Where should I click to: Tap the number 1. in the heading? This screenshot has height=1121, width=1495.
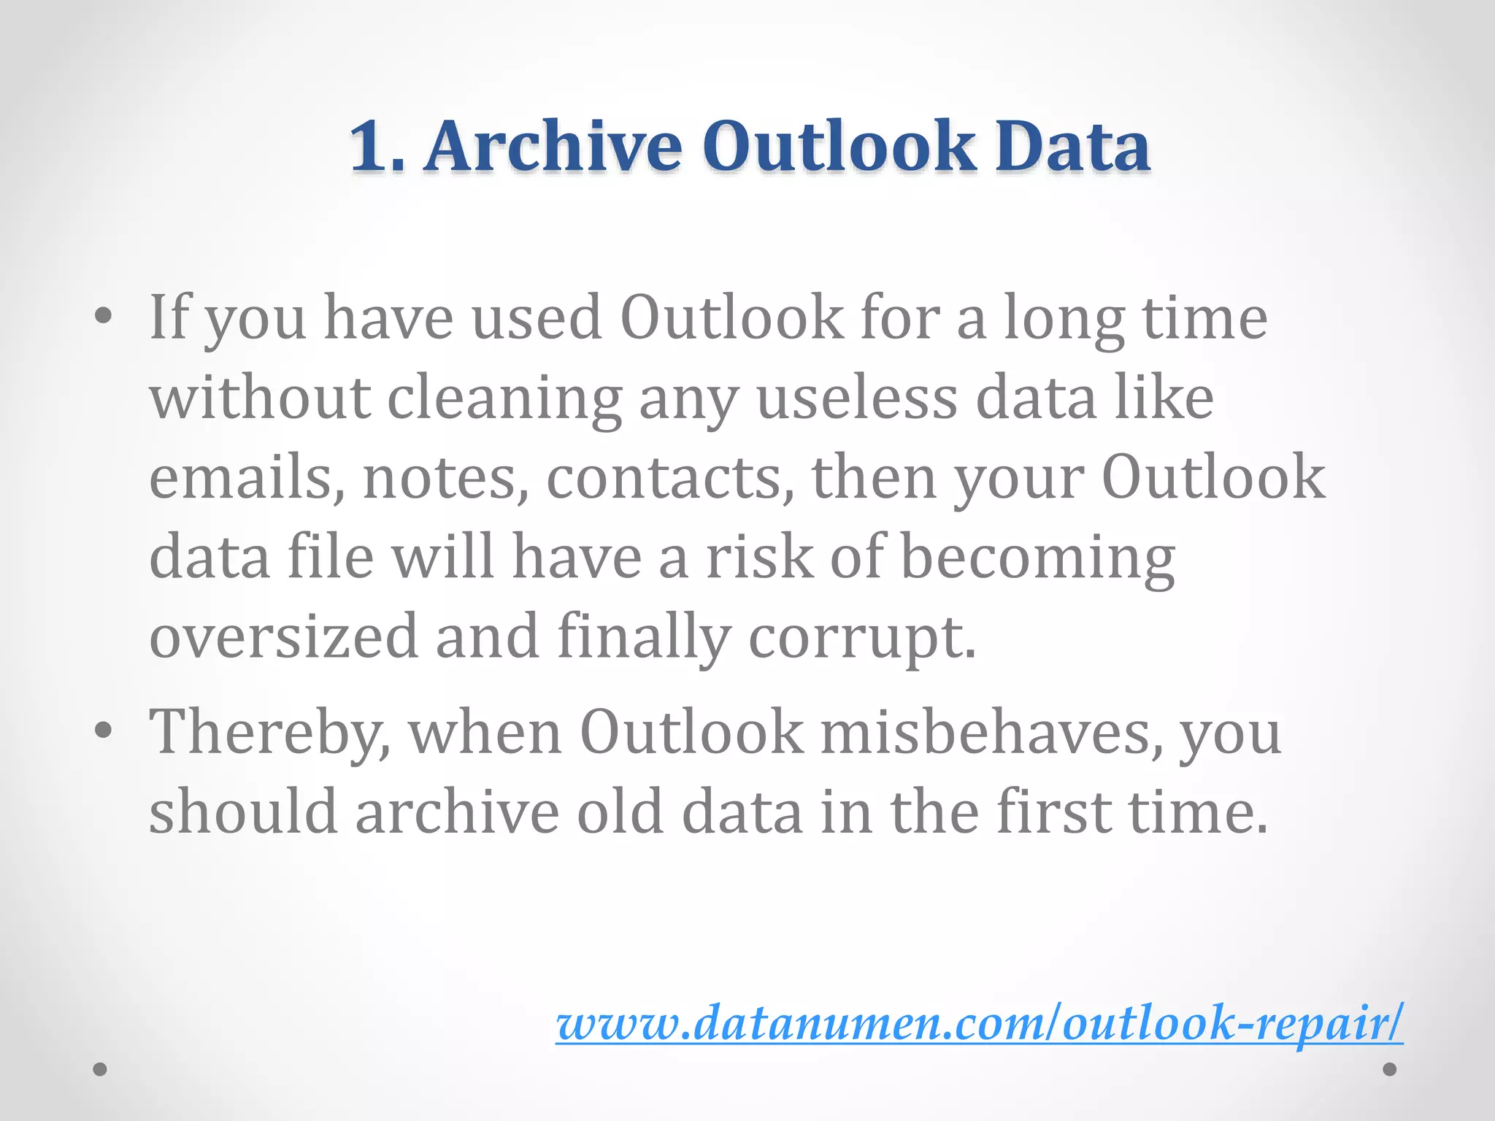[376, 147]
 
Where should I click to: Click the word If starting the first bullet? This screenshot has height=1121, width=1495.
[169, 317]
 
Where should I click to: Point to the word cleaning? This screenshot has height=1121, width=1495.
[504, 399]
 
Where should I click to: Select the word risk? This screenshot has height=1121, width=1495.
[758, 557]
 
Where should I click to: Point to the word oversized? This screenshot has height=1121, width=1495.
[283, 636]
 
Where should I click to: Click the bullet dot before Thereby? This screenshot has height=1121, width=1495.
[104, 730]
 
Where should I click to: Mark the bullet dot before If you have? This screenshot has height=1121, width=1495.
[104, 315]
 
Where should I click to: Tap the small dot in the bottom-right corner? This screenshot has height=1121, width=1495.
[1390, 1069]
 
